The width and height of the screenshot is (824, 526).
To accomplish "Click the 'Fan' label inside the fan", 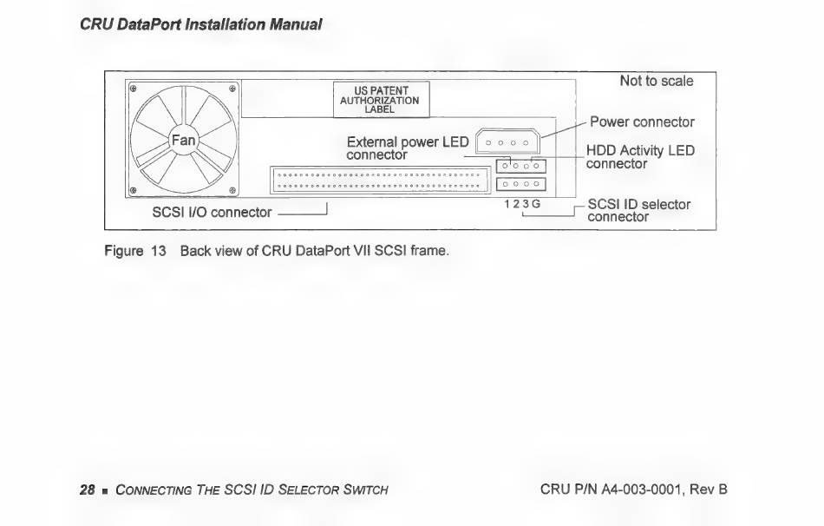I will (183, 139).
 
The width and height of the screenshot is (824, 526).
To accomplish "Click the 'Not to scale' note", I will (656, 81).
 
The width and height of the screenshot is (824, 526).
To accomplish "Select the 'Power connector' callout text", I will (642, 122).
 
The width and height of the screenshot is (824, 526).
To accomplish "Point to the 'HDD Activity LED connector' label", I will (640, 157).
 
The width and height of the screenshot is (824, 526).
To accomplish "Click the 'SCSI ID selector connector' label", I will (638, 211).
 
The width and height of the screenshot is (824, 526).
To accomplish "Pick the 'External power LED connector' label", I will (407, 148).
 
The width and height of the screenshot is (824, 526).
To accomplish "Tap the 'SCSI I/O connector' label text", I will (212, 212).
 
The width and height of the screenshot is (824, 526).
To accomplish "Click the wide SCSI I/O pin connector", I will (380, 181).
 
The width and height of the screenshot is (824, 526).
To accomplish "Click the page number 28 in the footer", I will (87, 490).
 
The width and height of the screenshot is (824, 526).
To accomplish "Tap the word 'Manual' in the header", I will (293, 24).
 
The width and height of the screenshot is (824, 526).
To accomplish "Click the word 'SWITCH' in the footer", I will (364, 490).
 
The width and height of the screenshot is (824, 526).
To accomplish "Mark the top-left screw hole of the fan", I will (134, 88).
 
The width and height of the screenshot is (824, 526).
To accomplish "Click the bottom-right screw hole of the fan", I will (232, 189).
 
